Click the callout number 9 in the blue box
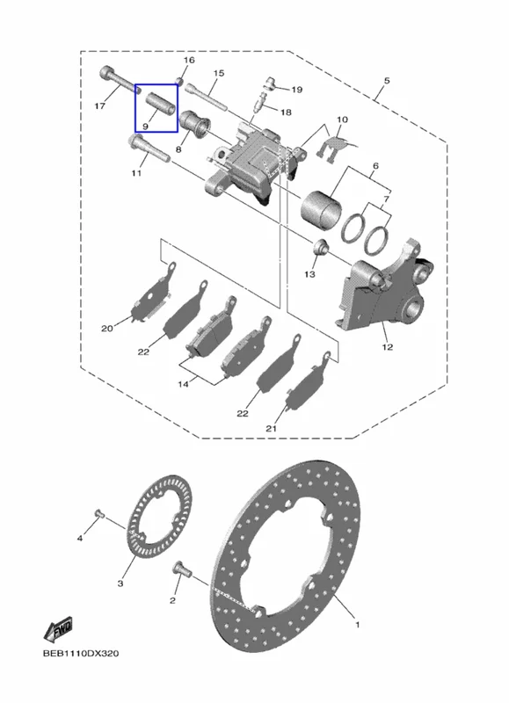click(x=145, y=127)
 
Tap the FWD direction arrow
click(x=58, y=629)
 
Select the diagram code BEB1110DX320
click(x=81, y=653)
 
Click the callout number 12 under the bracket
click(x=388, y=346)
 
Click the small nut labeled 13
click(x=322, y=248)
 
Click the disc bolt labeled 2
click(x=182, y=569)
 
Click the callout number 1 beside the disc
click(x=358, y=624)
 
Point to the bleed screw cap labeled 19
click(x=271, y=83)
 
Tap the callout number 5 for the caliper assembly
click(x=387, y=81)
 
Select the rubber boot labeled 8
click(x=194, y=124)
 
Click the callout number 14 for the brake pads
click(x=183, y=384)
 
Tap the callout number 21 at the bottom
click(x=271, y=429)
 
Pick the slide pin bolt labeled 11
click(x=149, y=147)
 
